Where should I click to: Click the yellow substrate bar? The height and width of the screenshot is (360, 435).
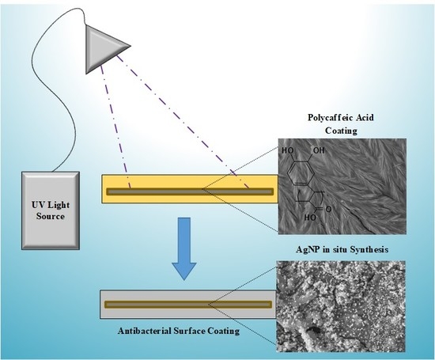(190, 191)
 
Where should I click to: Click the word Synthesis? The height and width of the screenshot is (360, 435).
(365, 250)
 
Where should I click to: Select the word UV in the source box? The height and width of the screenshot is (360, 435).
(32, 202)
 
